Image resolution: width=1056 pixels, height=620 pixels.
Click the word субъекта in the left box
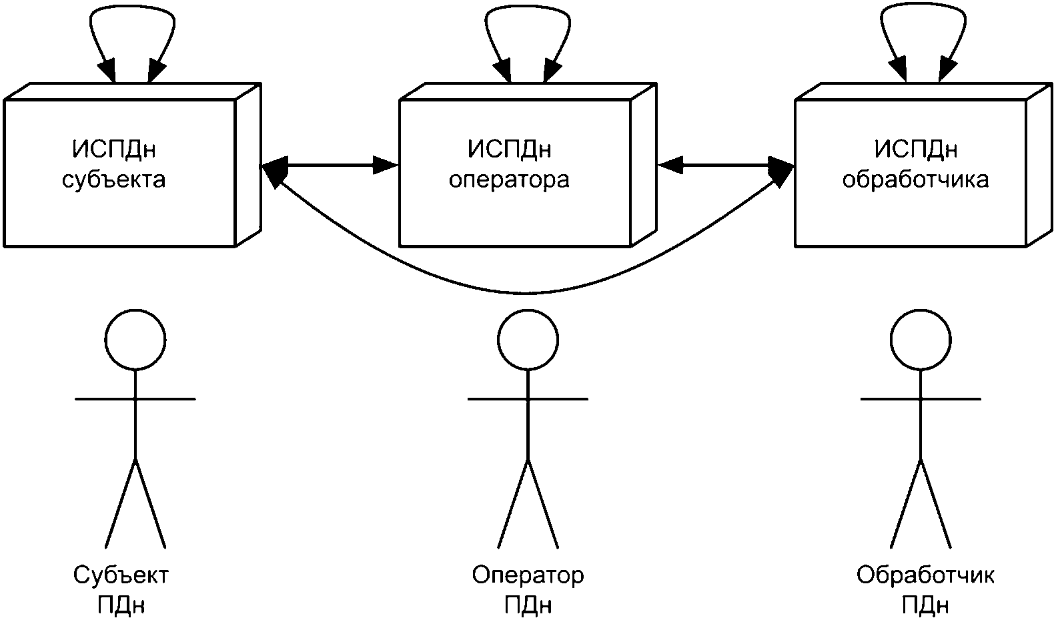113,180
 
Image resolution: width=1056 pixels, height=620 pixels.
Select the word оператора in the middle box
509,180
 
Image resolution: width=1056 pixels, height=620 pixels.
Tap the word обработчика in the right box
915,180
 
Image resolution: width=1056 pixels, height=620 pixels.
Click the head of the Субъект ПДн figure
136,340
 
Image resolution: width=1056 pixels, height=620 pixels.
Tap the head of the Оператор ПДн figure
528,340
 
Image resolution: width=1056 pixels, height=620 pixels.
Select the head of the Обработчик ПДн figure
921,340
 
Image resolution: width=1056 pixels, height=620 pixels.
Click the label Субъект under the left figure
121,575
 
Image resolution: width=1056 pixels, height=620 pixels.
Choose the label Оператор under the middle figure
528,575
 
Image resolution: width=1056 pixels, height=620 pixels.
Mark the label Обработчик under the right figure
925,575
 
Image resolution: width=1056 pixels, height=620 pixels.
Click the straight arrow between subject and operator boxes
330,165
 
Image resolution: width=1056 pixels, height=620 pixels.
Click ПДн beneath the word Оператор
528,605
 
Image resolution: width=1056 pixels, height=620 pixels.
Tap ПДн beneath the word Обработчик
925,605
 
